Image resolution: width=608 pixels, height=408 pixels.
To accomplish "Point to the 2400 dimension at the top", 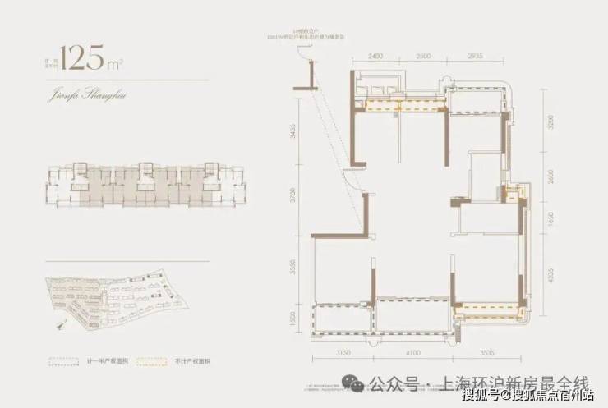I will point(375,55).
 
